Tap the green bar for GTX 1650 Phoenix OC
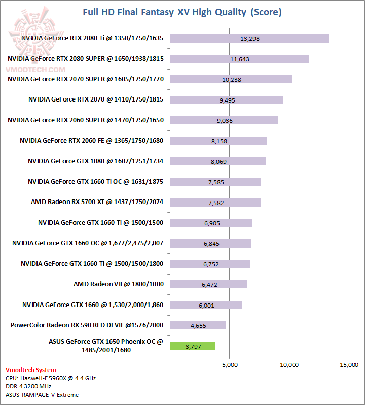point(193,346)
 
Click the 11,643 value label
point(240,59)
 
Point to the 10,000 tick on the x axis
point(289,365)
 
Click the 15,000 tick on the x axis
point(349,365)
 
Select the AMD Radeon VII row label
point(119,284)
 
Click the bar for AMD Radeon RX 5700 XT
point(215,203)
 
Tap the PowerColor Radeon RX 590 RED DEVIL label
point(87,325)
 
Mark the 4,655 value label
point(198,326)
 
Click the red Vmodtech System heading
point(31,370)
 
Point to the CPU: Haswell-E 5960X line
point(51,378)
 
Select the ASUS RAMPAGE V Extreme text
point(42,394)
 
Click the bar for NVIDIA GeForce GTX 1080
point(218,161)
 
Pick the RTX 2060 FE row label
point(91,141)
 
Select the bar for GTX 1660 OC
point(210,244)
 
